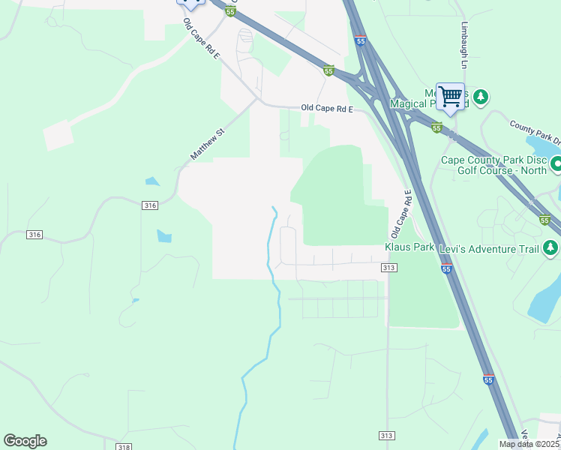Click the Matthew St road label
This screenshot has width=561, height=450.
pos(208,145)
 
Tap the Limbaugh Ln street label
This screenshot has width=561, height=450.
pos(463,45)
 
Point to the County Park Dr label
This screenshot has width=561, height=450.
pos(535,132)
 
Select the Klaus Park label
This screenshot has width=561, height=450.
pos(409,247)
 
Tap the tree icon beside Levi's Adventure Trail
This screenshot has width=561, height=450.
pos(551,247)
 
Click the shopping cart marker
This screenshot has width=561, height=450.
pos(450,96)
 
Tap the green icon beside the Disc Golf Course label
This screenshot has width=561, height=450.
pos(556,163)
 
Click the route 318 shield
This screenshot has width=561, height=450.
pos(124,447)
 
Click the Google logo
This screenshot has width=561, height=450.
pos(25,441)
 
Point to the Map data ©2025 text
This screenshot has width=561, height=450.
pos(529,444)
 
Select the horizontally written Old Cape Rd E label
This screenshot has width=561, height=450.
pos(327,108)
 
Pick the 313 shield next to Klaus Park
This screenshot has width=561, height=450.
pos(388,268)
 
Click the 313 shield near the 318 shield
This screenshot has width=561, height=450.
pos(386,435)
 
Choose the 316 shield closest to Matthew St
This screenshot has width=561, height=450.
pos(150,205)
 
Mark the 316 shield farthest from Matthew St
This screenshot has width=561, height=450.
pos(34,235)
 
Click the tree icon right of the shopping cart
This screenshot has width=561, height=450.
pos(480,97)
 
